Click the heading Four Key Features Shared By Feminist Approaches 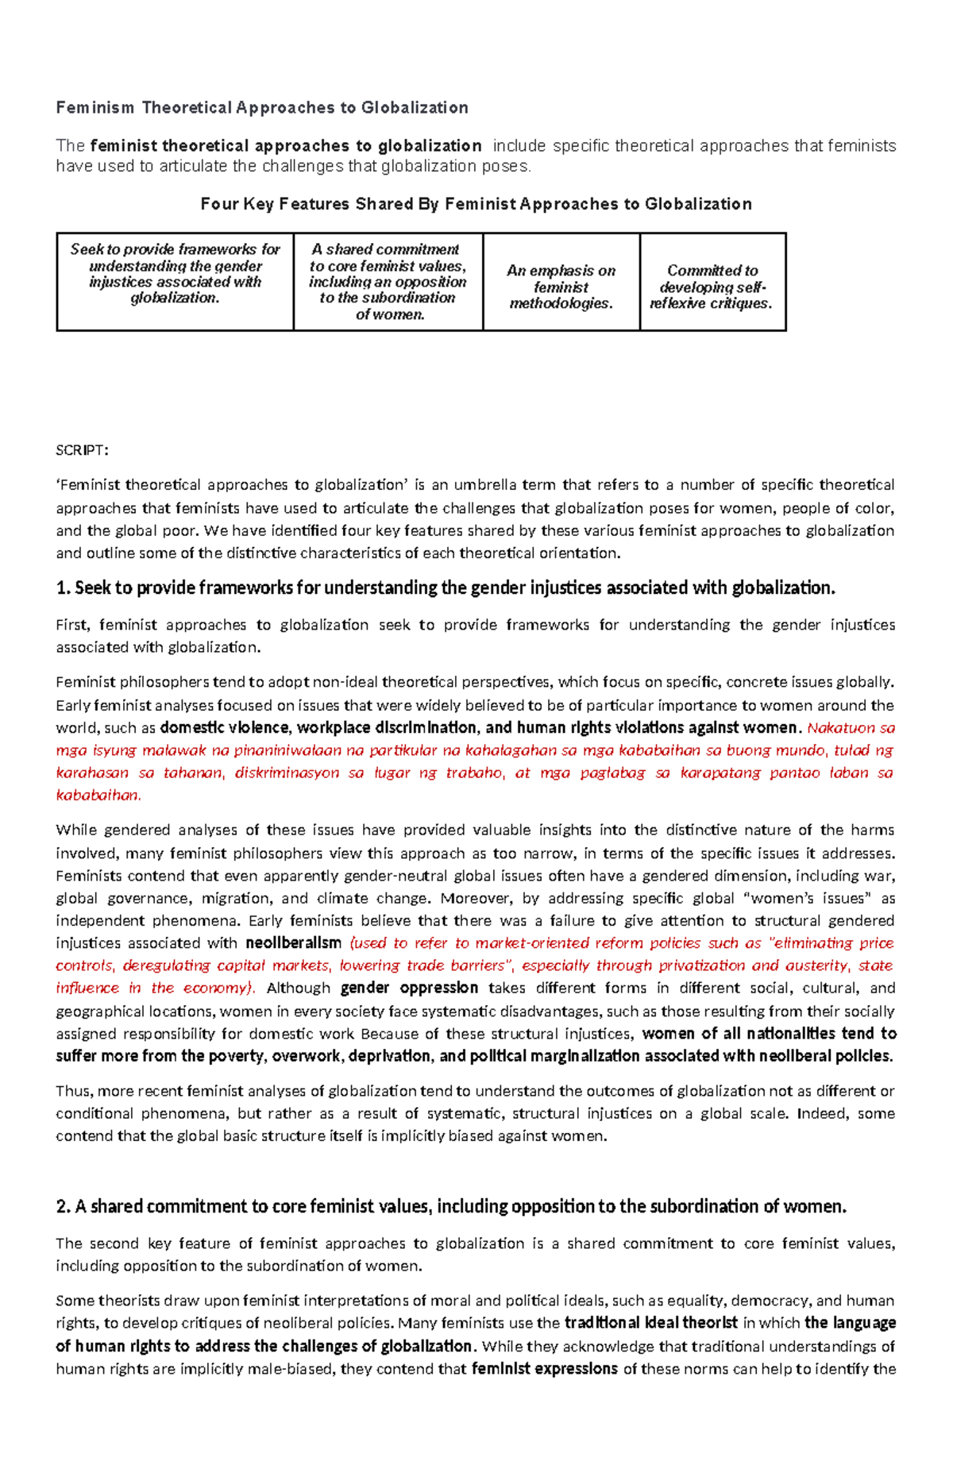click(476, 204)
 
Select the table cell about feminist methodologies click(561, 287)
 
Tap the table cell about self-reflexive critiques click(712, 287)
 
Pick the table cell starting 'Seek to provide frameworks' click(175, 274)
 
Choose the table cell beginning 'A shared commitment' click(388, 282)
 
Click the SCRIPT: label click(82, 450)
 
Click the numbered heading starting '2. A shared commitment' click(451, 1207)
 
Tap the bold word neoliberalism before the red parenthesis click(293, 943)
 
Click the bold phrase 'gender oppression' click(409, 989)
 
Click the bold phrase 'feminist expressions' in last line click(544, 1369)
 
